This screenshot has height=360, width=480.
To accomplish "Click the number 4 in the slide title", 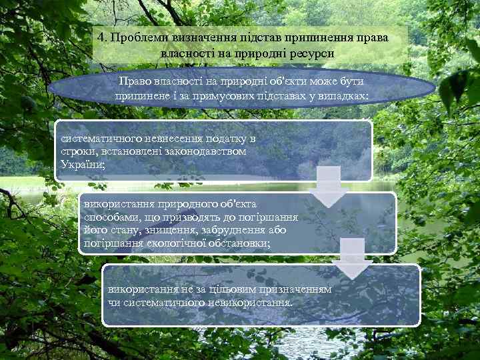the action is [99, 38].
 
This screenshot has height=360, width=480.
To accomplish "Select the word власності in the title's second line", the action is [186, 52].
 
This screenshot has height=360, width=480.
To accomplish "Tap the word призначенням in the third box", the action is [287, 291].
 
